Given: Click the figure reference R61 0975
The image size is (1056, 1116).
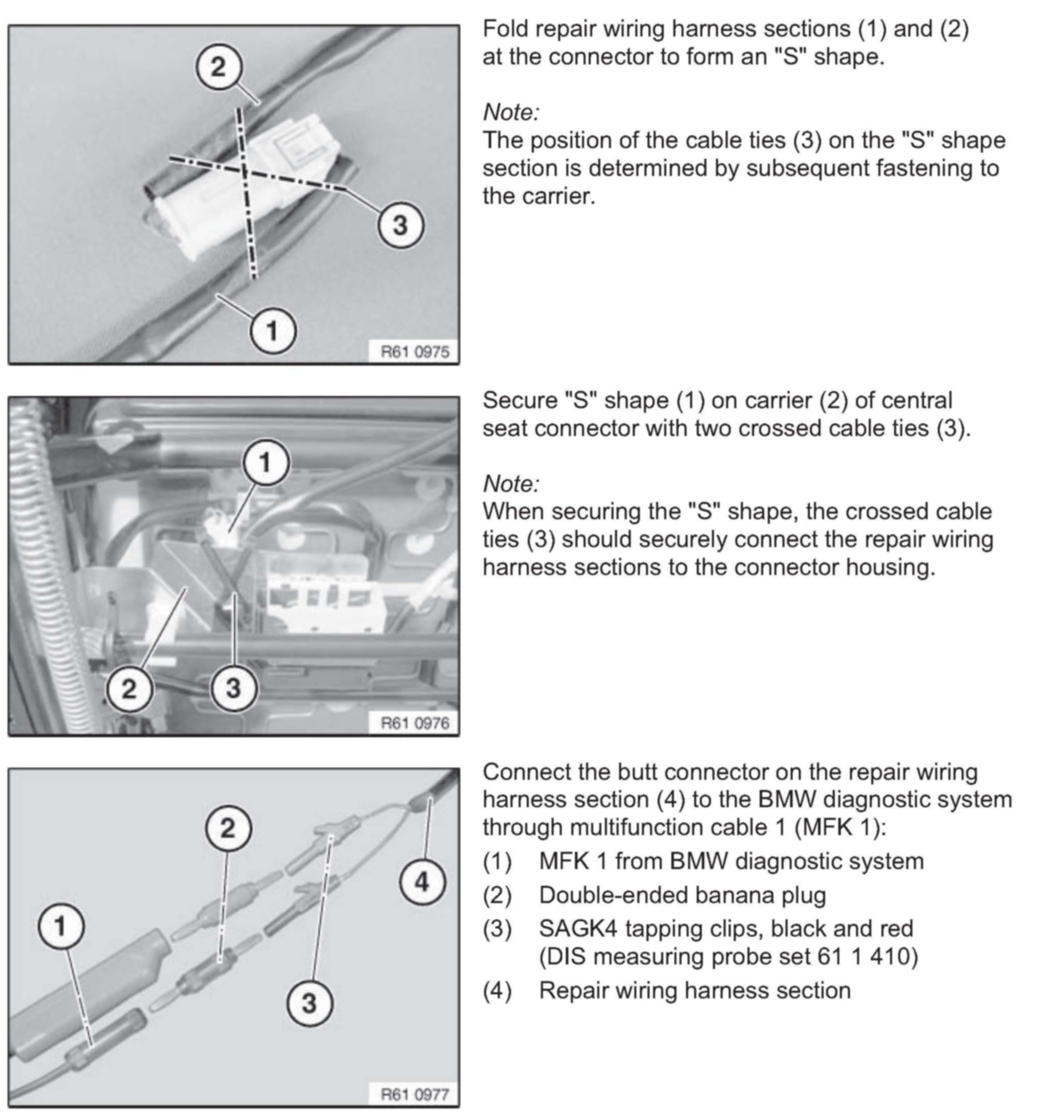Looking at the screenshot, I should click(415, 351).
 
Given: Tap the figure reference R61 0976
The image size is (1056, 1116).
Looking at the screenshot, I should click(415, 723).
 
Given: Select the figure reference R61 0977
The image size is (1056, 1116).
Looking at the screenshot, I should click(415, 1094).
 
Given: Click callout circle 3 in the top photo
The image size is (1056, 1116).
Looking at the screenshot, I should click(400, 225).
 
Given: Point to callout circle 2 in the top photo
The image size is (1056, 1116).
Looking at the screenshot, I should click(218, 67).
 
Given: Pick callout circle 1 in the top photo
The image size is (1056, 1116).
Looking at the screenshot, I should click(272, 330).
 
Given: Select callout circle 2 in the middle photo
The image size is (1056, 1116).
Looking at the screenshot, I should click(129, 688).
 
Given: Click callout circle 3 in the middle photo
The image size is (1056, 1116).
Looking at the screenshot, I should click(233, 688).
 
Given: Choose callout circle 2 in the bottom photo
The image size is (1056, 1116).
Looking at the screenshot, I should click(227, 828).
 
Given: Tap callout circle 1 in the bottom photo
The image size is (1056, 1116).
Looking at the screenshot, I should click(61, 926).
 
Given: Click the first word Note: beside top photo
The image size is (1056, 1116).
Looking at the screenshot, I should click(510, 113).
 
